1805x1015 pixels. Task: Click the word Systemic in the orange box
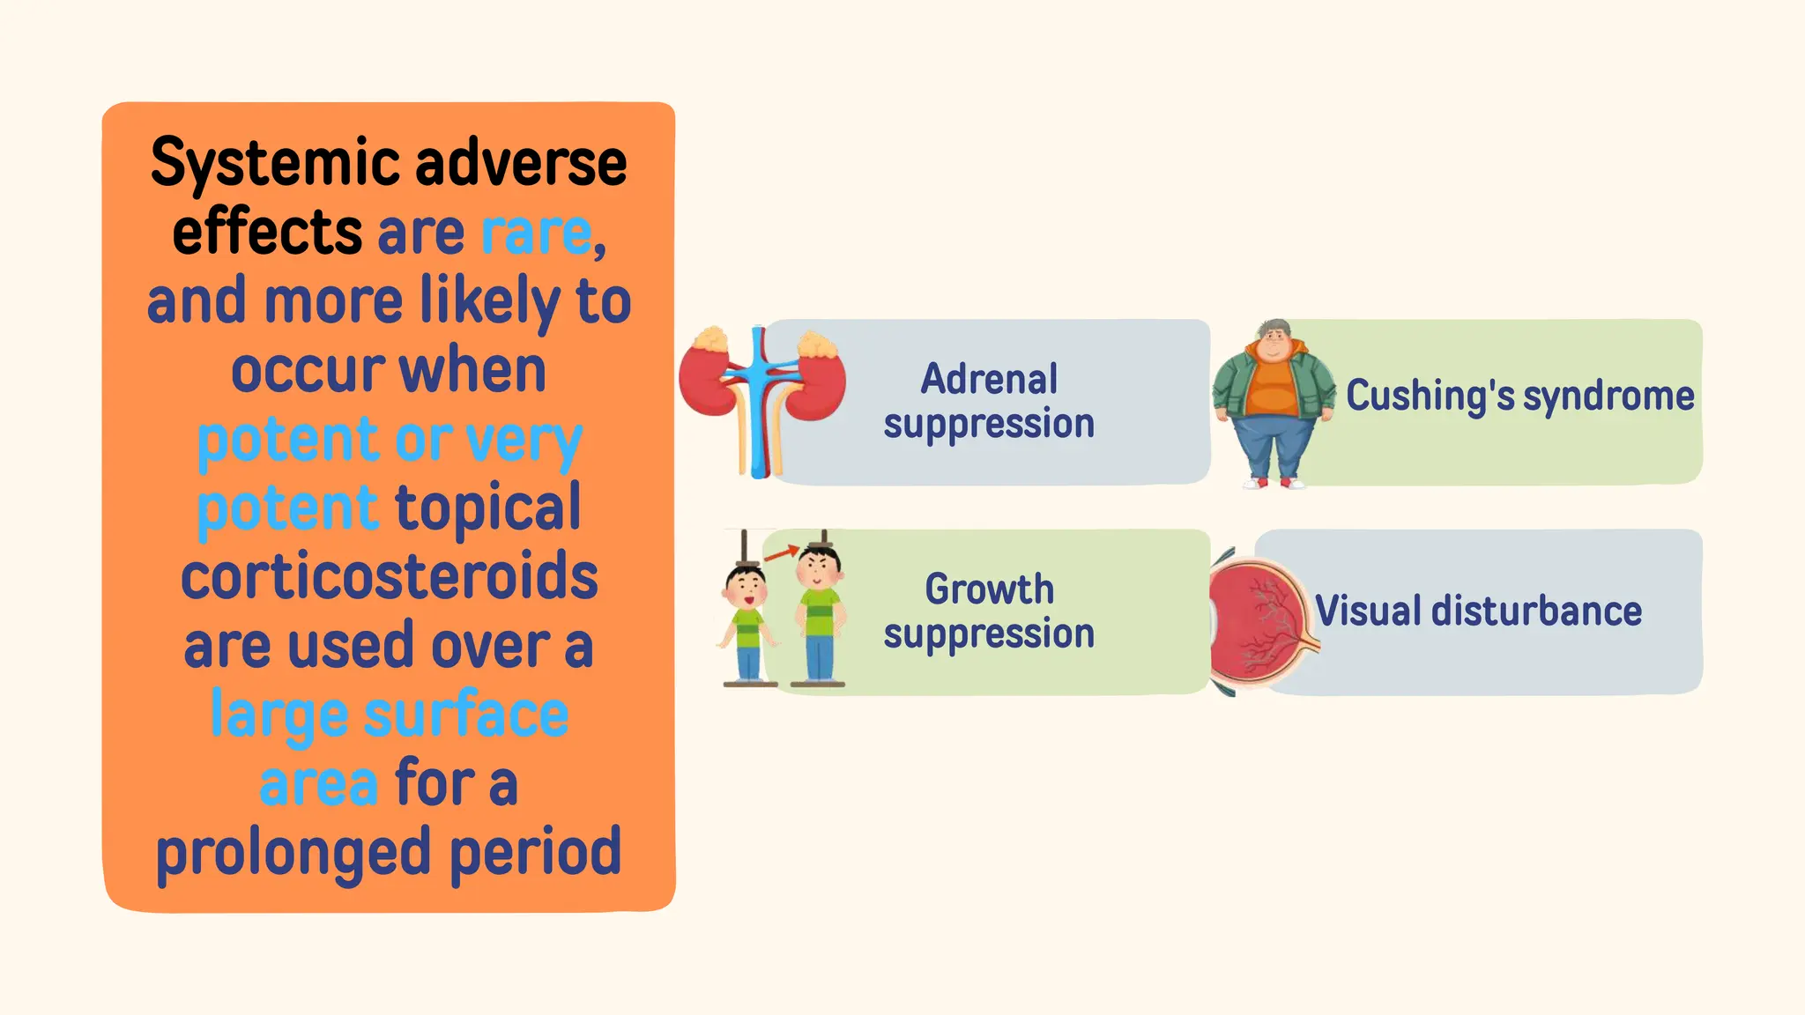[274, 165]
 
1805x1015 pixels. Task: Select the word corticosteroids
[389, 577]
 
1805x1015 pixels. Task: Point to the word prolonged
[295, 852]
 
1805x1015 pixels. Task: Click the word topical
[487, 508]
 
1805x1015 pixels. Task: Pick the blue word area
[318, 783]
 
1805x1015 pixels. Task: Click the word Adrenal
[989, 380]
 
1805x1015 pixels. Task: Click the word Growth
[989, 589]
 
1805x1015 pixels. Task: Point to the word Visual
[1368, 611]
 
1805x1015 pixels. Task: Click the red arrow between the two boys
[780, 554]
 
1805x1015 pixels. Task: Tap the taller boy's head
[820, 565]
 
